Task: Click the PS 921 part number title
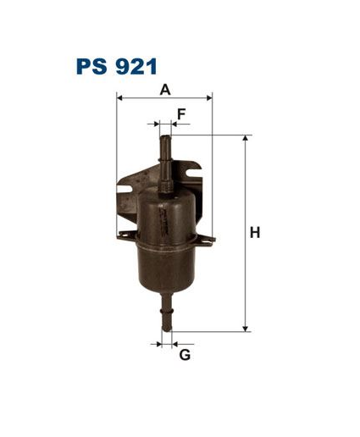click(x=116, y=67)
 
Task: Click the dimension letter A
click(x=165, y=90)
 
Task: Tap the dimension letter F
click(x=181, y=114)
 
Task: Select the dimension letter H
click(x=255, y=233)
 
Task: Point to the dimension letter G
click(x=185, y=355)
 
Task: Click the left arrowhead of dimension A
click(x=119, y=98)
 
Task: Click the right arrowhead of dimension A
click(x=209, y=98)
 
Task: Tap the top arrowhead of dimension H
click(x=246, y=138)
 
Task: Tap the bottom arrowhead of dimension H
click(x=246, y=329)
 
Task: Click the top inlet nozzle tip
click(x=165, y=138)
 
